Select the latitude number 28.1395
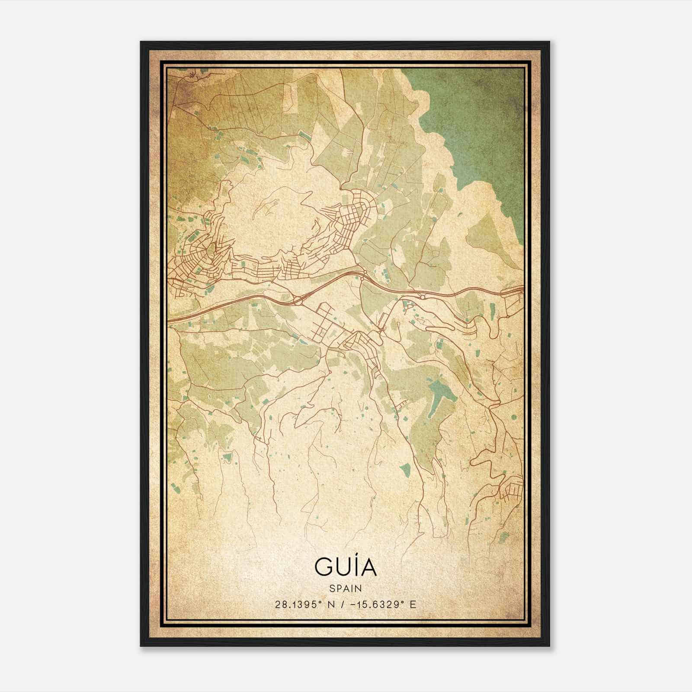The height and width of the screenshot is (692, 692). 298,604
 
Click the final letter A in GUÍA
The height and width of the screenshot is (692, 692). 368,567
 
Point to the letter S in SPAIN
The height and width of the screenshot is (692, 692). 331,588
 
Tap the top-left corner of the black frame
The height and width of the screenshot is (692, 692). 141,42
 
